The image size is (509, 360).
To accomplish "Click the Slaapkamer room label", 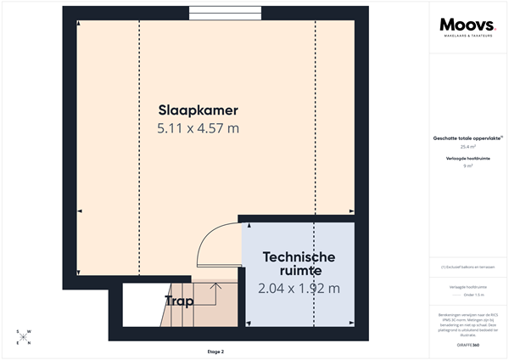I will (198, 110).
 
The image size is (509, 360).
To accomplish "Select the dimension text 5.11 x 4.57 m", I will (198, 128).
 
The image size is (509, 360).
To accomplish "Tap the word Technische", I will (299, 256).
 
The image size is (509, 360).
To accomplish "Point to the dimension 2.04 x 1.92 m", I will (299, 289).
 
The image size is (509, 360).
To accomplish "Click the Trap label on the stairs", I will (179, 301).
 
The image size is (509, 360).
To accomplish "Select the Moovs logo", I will (463, 25).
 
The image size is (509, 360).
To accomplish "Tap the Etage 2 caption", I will (215, 351).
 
